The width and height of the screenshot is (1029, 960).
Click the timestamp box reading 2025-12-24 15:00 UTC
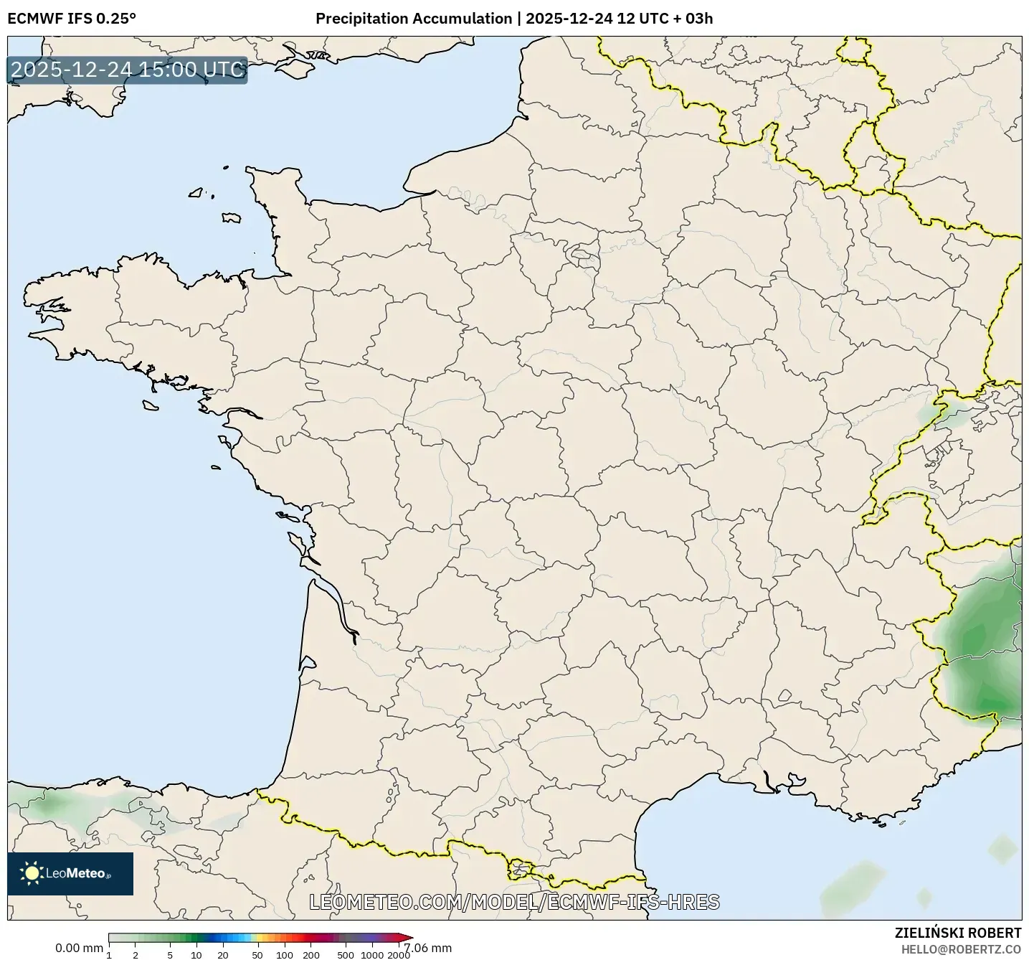coord(128,70)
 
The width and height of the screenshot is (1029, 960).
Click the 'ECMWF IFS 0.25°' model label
coord(71,19)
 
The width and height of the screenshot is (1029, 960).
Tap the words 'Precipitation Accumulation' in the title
coord(413,19)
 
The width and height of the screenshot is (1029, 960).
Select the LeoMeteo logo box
coord(70,873)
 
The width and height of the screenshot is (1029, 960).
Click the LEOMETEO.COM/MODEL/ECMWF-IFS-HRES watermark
coord(514,902)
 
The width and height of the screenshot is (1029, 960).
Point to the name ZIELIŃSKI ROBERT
coord(958,933)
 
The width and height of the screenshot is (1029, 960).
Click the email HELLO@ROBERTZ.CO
coord(961,949)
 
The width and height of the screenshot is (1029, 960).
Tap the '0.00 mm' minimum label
coord(79,948)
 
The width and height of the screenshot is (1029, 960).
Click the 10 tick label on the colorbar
coord(196,954)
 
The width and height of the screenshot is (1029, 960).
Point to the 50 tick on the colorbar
coord(257,954)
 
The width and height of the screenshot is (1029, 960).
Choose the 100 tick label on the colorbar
coord(285,954)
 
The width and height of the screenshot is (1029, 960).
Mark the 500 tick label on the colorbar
coord(346,954)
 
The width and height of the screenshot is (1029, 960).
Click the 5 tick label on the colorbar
coord(170,954)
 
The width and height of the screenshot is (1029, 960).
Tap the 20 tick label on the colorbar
coord(223,954)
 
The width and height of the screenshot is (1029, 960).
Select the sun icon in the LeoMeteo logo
coord(32,873)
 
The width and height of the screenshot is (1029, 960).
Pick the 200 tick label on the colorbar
coord(311,954)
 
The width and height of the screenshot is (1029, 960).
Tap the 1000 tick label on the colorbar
coord(372,954)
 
